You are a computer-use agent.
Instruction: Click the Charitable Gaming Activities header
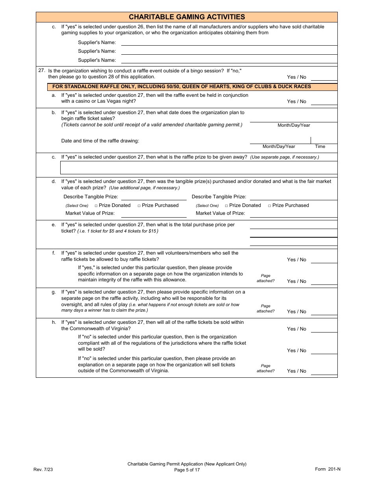[x=187, y=17]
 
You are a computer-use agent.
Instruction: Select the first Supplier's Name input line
[x=229, y=42]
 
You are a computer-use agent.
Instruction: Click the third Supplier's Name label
[x=97, y=60]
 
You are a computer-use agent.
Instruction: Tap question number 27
[x=42, y=70]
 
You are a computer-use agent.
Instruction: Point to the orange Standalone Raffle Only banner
[x=187, y=87]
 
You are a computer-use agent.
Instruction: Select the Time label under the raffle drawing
[x=320, y=146]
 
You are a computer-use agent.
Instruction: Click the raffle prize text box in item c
[x=198, y=168]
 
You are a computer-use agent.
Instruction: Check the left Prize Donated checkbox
[x=96, y=206]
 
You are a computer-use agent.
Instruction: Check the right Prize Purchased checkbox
[x=270, y=206]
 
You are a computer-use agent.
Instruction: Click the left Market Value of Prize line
[x=154, y=214]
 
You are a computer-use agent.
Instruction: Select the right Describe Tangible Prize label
[x=219, y=197]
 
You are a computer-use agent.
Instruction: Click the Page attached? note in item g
[x=266, y=309]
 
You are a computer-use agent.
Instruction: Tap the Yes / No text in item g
[x=296, y=312]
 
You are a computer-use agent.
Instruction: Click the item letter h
[x=54, y=322]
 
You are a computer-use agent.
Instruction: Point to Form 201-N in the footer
[x=328, y=469]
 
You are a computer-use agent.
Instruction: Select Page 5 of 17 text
[x=187, y=470]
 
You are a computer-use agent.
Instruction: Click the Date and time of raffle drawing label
[x=100, y=141]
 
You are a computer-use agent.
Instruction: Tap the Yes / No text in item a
[x=296, y=102]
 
